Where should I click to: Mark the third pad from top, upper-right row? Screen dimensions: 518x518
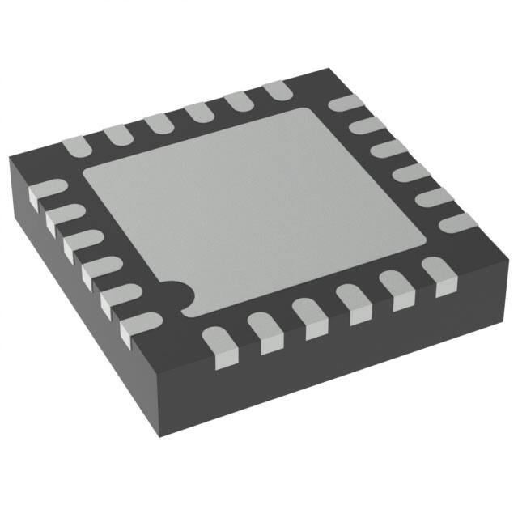click(389, 150)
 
